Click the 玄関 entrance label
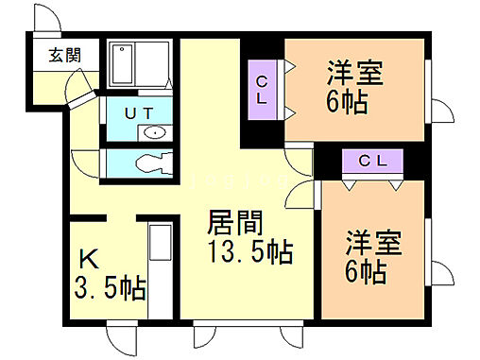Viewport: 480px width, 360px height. (63, 55)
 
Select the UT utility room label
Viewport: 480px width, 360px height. (138, 112)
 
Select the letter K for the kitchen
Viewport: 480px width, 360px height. (88, 258)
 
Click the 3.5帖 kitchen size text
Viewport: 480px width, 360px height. (110, 287)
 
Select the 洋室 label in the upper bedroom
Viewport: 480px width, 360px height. (354, 71)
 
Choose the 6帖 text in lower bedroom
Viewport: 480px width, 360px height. (366, 272)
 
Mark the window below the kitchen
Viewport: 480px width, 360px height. (122, 335)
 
